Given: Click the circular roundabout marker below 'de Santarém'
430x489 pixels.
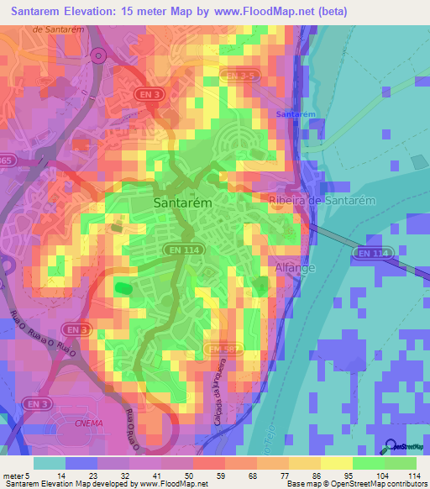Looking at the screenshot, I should pyautogui.click(x=99, y=56).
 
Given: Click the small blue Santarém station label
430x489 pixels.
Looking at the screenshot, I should pyautogui.click(x=296, y=113).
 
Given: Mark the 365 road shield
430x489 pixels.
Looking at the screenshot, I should pyautogui.click(x=6, y=160).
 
